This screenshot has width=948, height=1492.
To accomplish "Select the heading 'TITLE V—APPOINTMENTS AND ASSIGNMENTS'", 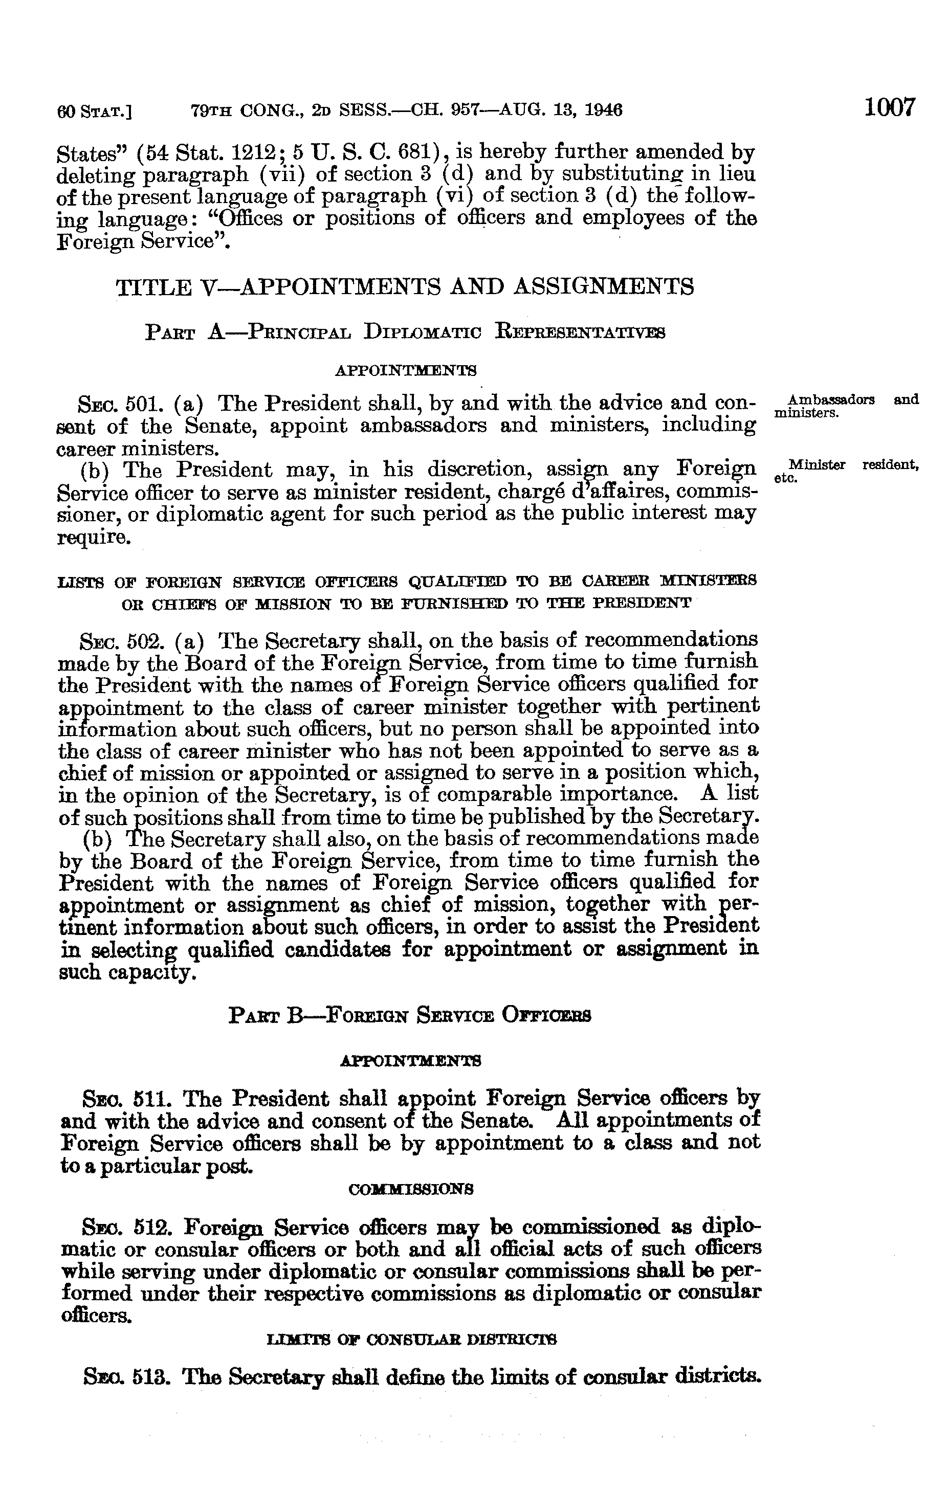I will [405, 287].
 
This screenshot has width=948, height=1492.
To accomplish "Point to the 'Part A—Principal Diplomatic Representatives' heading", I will [405, 333].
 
